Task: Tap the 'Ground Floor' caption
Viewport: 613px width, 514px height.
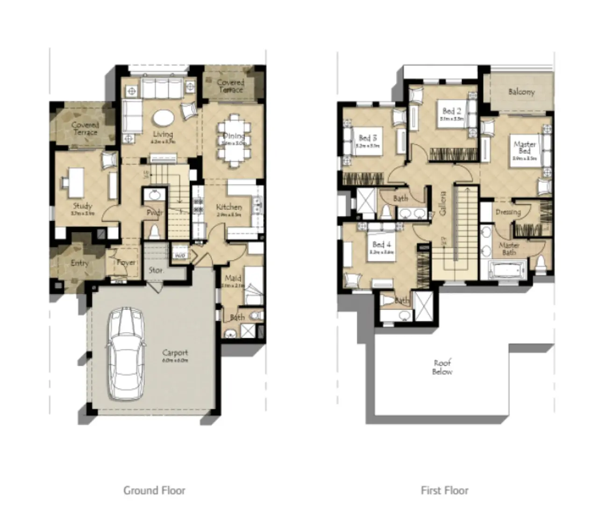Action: (x=154, y=490)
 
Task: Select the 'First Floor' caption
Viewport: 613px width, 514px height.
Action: (x=444, y=490)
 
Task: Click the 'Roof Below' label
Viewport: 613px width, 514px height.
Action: (x=442, y=367)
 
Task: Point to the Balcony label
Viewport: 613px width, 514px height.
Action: (x=521, y=92)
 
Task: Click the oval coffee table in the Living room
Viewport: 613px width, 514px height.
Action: (x=163, y=118)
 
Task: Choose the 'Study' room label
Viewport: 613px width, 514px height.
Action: (x=82, y=206)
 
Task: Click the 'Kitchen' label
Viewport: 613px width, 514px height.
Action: (x=229, y=207)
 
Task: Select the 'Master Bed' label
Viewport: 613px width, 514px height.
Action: (x=524, y=147)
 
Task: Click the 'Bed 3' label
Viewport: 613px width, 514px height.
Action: (x=368, y=138)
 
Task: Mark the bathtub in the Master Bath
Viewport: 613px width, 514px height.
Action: (x=507, y=271)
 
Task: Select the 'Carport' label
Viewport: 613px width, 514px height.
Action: (x=175, y=353)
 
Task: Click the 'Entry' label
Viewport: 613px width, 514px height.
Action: (x=79, y=263)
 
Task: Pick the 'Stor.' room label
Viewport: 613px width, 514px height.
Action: (x=156, y=270)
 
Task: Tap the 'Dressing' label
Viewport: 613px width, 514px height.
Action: (x=508, y=212)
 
